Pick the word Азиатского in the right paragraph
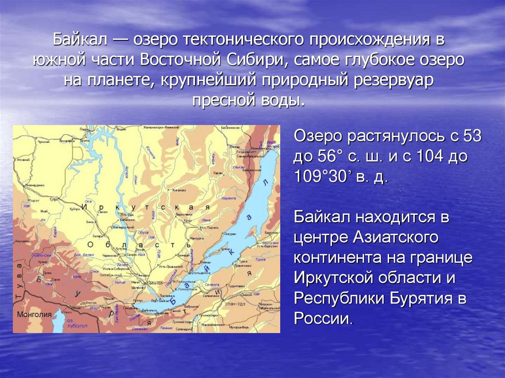click(396, 237)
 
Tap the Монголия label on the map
click(34, 314)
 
